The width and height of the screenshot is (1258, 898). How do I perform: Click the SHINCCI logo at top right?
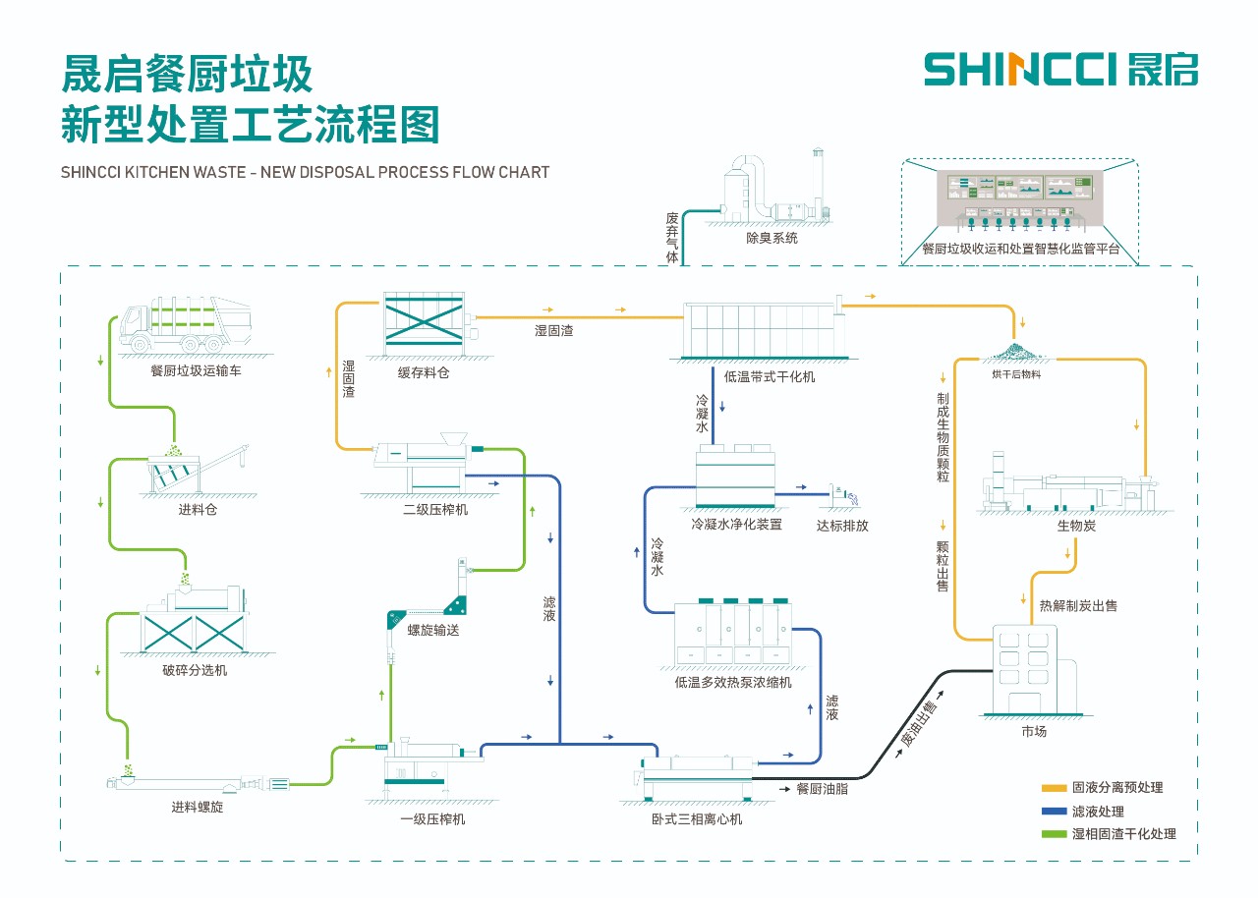tap(1060, 70)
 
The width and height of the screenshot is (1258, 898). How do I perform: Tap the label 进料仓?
tap(197, 510)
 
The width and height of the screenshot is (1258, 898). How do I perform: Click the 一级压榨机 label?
tap(432, 818)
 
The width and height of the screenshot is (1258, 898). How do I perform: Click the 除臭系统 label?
tap(772, 238)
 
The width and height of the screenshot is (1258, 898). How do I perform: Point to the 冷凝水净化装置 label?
tap(736, 525)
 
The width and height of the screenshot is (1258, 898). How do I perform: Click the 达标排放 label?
tap(842, 525)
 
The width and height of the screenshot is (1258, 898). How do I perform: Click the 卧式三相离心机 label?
tap(697, 818)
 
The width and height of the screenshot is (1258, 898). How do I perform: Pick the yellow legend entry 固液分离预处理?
tap(1103, 787)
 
